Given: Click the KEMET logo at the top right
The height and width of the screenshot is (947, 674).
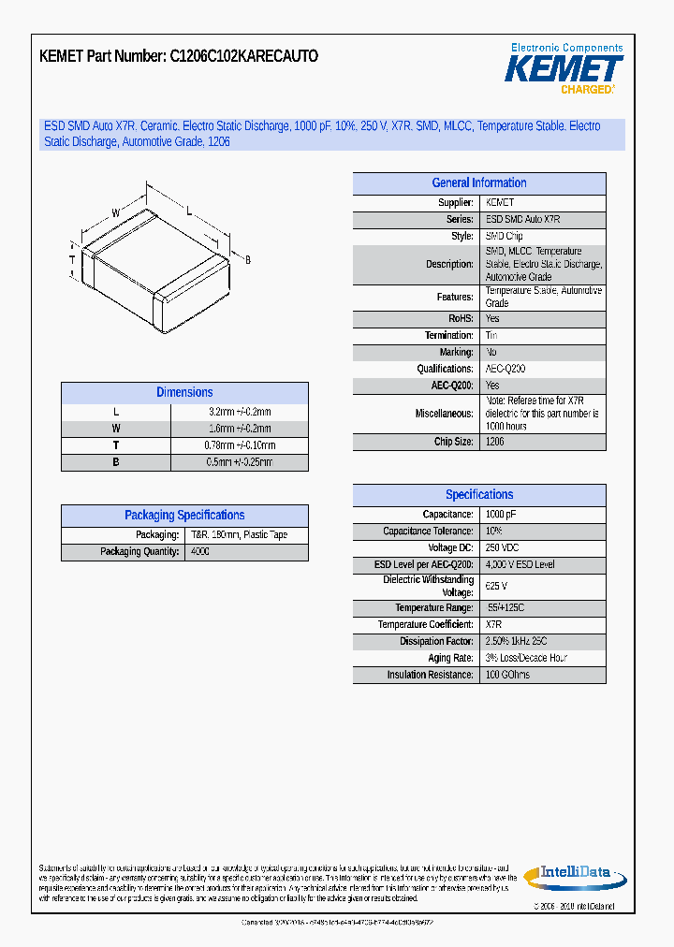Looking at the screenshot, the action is click(564, 69).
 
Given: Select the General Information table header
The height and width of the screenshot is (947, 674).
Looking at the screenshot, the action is click(479, 183).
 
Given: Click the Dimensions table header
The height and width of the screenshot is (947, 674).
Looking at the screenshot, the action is click(184, 393).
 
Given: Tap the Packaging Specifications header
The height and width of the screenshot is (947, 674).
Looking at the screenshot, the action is click(184, 516).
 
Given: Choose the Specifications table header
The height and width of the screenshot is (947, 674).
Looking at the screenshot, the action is click(479, 495).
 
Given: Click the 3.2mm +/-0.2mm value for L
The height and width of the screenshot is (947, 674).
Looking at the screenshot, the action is click(240, 412).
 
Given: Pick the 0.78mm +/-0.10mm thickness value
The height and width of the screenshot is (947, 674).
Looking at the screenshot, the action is click(240, 445).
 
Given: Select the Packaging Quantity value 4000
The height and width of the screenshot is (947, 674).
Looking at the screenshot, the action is click(200, 552).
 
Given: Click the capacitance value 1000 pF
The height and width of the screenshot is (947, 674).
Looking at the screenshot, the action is click(500, 515).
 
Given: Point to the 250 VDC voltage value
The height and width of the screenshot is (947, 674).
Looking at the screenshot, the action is click(502, 548).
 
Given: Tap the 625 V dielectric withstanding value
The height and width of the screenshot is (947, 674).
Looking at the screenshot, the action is click(496, 586).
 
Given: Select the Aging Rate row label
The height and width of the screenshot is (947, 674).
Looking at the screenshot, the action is click(450, 658).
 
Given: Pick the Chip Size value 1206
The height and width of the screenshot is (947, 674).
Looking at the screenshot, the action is click(495, 442).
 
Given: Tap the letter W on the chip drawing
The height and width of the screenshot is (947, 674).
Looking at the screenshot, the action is click(116, 213).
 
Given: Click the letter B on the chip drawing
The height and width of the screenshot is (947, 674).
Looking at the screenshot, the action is click(248, 259).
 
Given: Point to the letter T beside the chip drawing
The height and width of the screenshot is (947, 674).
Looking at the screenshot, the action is click(72, 259).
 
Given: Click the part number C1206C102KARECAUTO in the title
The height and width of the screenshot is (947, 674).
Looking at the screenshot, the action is click(244, 56).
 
